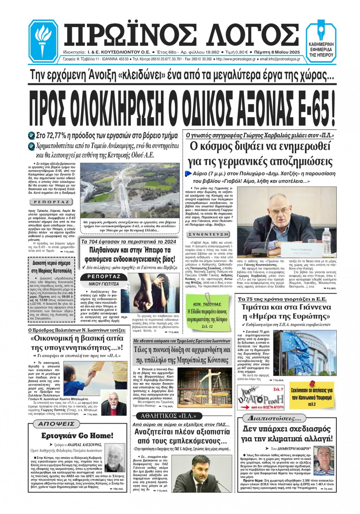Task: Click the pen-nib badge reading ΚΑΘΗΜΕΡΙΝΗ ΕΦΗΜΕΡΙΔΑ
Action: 321,41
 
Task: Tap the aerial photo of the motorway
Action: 130,190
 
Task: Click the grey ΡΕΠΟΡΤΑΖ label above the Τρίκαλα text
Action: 51,202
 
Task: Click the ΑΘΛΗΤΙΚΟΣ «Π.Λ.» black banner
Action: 166,416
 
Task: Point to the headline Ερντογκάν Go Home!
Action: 77,436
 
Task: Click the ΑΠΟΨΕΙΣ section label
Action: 56,424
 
